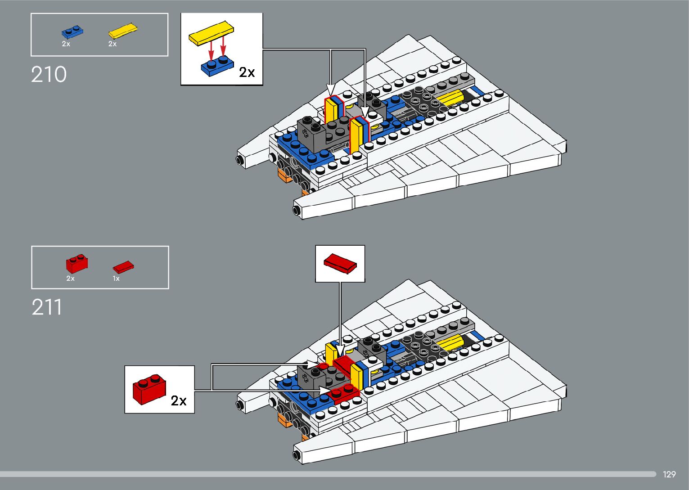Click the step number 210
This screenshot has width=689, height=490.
point(49,74)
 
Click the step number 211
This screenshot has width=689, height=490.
point(47,308)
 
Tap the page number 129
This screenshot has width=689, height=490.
point(669,474)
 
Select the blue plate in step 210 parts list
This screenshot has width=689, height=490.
point(72,31)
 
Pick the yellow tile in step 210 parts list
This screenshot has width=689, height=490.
point(122,31)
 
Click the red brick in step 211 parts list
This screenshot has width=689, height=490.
point(77,263)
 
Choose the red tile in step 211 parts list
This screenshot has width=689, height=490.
point(123,267)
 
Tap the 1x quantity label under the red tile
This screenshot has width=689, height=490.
point(116,279)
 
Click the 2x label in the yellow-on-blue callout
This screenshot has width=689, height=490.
point(247,72)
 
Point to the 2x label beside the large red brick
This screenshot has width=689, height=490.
point(179,400)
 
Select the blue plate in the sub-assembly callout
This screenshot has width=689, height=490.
point(217,67)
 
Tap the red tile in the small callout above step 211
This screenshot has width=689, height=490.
point(340,263)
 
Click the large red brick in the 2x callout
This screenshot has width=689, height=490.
point(149,389)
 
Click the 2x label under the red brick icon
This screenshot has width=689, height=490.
point(70,279)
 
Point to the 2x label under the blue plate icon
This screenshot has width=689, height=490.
point(66,44)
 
